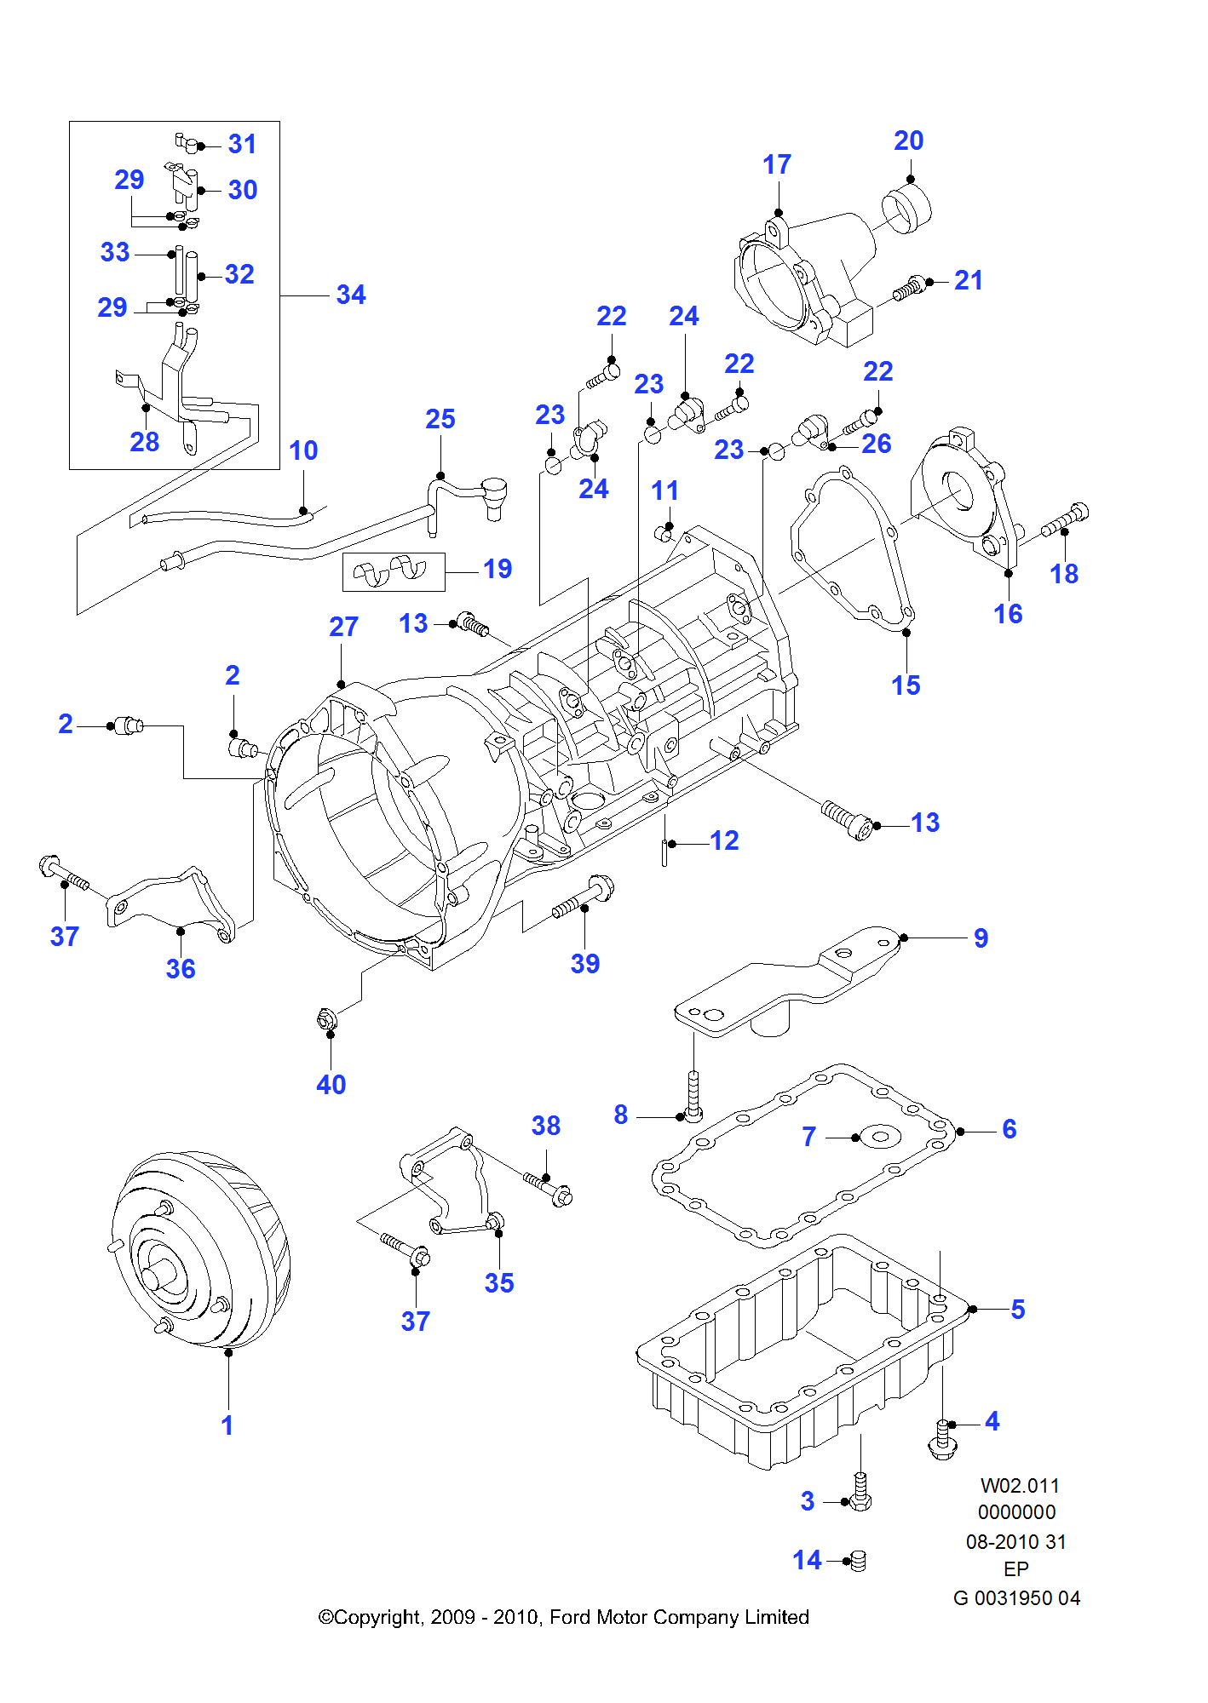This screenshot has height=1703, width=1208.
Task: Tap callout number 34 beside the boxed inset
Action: pos(351,295)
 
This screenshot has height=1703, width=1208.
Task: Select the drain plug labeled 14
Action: pos(858,1560)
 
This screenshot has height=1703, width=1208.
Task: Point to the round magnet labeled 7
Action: pos(880,1136)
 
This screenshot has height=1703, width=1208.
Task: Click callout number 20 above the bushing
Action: pos(908,140)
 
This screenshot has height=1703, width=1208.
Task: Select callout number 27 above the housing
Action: pos(343,627)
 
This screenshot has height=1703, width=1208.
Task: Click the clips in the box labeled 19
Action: pos(393,571)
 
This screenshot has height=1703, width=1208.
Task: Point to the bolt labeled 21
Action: pos(909,289)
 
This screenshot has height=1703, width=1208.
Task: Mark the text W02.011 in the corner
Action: pos(1019,1486)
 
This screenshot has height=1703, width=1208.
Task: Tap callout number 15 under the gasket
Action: pos(906,685)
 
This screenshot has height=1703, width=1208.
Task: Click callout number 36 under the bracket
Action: pos(181,969)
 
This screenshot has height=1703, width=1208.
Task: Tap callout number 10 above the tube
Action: pos(303,450)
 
